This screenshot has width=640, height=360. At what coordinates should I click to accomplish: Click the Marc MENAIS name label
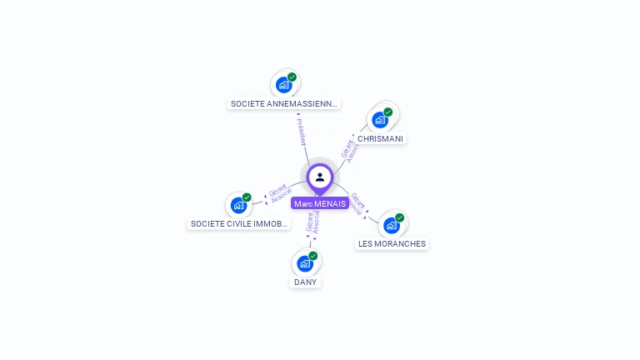[x=320, y=203]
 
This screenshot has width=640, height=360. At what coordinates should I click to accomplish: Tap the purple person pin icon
[x=320, y=177]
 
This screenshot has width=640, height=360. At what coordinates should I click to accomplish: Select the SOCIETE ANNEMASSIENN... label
[x=284, y=104]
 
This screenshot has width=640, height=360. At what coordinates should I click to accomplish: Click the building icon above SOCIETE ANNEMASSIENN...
[x=284, y=84]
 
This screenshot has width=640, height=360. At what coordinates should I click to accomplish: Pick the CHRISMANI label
[x=382, y=138]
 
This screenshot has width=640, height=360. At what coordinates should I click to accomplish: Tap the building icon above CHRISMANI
[x=380, y=119]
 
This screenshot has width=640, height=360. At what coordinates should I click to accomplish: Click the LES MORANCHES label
[x=392, y=244]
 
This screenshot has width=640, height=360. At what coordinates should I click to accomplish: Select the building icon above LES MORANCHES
[x=391, y=224]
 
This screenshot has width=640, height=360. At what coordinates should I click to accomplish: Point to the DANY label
[x=306, y=282]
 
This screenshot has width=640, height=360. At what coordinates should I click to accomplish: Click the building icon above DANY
[x=305, y=263]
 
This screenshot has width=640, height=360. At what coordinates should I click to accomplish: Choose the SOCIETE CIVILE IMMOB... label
[x=239, y=224]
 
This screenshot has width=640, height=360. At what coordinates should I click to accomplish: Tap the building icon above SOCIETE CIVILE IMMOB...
[x=238, y=205]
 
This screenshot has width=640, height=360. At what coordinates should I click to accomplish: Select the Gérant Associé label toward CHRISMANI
[x=350, y=149]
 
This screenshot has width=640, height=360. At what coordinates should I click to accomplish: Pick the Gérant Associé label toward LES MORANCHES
[x=357, y=205]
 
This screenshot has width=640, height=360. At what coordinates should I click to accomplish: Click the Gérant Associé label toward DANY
[x=312, y=222]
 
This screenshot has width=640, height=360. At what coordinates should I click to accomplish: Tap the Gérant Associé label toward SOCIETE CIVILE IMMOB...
[x=278, y=192]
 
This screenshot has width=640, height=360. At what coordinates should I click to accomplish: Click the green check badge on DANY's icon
[x=313, y=256]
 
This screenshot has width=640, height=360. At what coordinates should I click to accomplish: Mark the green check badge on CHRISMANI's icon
[x=388, y=112]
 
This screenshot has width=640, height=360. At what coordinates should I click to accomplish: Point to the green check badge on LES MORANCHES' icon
[x=399, y=217]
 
